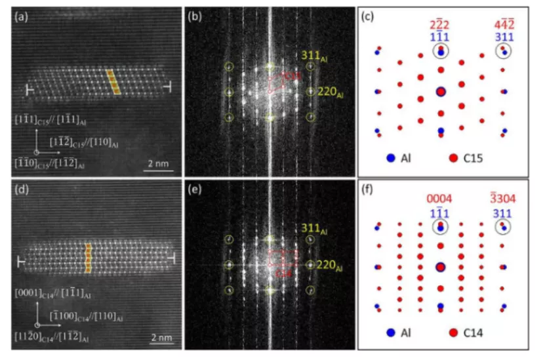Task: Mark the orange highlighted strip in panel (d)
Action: (90, 257)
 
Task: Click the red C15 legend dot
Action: (453, 158)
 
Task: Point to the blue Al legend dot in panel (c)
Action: (391, 158)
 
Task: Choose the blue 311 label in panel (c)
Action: (504, 37)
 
